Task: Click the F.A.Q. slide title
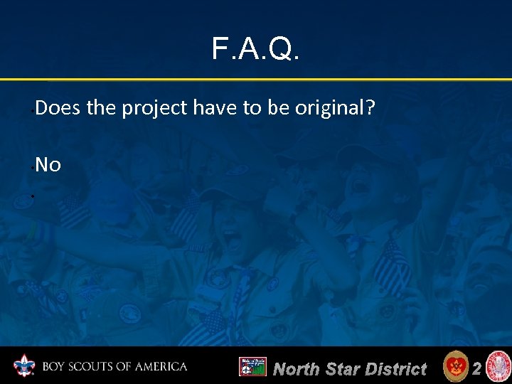pos(256,49)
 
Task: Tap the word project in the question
pos(147,110)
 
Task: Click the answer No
pos(48,165)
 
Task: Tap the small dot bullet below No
pos(33,195)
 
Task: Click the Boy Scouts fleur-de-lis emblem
pos(24,366)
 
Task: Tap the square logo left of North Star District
pos(252,367)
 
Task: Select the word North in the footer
pos(296,369)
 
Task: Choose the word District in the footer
pos(395,369)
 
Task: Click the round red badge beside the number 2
pos(454,367)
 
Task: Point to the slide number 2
pos(477,368)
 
